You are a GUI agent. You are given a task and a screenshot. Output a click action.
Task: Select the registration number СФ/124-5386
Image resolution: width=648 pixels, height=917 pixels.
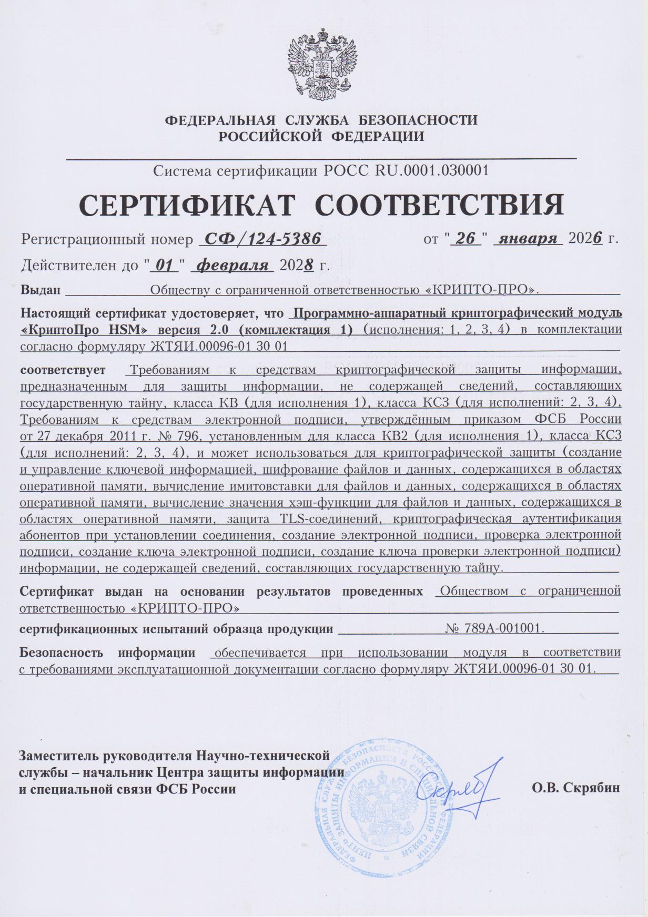tap(263, 239)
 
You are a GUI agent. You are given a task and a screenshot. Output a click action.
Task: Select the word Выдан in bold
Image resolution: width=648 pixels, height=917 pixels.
tap(40, 290)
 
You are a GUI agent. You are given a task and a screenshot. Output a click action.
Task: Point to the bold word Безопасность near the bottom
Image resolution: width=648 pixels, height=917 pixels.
tap(63, 653)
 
